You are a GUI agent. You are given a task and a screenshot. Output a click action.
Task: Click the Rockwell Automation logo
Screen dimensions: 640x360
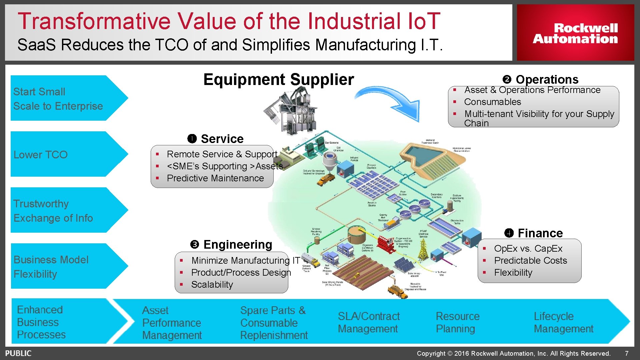pyautogui.click(x=575, y=33)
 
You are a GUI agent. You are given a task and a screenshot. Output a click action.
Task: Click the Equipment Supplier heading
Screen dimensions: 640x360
pyautogui.click(x=278, y=80)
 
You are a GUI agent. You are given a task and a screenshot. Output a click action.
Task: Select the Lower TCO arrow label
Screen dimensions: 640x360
pyautogui.click(x=40, y=155)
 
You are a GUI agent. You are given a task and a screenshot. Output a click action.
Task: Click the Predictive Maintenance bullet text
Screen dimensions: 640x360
pyautogui.click(x=215, y=178)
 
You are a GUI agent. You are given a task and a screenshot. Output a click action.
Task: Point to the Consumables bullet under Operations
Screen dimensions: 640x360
pyautogui.click(x=492, y=102)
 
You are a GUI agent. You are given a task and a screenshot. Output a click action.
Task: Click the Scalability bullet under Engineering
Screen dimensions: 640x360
pyautogui.click(x=212, y=285)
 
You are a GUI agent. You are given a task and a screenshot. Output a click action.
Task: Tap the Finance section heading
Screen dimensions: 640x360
pyautogui.click(x=540, y=233)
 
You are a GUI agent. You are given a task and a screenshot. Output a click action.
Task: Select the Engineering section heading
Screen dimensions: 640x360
pyautogui.click(x=238, y=245)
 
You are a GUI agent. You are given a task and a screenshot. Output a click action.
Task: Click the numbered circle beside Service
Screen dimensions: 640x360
pyautogui.click(x=192, y=139)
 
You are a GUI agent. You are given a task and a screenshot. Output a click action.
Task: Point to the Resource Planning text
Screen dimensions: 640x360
pyautogui.click(x=457, y=322)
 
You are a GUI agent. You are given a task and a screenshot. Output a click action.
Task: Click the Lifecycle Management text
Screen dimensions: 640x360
pyautogui.click(x=563, y=322)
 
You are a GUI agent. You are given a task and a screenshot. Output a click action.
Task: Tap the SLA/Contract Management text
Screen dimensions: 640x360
pyautogui.click(x=369, y=322)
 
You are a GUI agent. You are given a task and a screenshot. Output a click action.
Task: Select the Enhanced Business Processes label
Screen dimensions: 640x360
pyautogui.click(x=41, y=322)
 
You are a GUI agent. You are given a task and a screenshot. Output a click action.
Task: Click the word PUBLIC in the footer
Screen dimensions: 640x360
pyautogui.click(x=18, y=353)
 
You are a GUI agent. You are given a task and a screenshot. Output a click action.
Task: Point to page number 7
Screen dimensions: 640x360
pyautogui.click(x=627, y=353)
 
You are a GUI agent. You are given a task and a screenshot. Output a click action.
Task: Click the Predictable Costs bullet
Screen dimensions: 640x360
pyautogui.click(x=530, y=261)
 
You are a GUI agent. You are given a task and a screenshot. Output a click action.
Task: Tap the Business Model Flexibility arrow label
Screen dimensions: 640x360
pyautogui.click(x=51, y=267)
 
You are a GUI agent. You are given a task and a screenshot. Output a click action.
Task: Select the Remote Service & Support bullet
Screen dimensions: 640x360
pyautogui.click(x=222, y=154)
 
